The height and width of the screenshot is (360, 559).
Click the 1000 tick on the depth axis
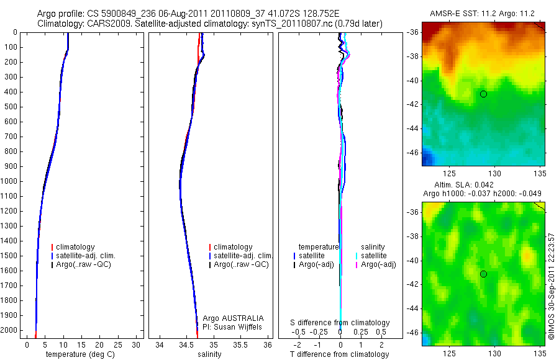(11, 181)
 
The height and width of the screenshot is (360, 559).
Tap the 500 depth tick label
(11, 107)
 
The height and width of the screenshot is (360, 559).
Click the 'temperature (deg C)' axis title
(79, 354)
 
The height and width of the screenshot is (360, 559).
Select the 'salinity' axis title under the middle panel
(208, 354)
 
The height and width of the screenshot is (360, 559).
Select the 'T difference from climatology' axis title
(339, 354)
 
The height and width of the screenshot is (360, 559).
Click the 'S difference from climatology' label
(340, 323)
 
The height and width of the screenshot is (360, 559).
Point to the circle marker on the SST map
(483, 94)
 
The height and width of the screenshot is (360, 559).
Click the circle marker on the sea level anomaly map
(483, 274)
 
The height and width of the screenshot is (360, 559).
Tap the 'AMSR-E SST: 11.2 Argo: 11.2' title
(481, 12)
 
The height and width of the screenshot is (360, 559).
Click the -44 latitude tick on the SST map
(412, 128)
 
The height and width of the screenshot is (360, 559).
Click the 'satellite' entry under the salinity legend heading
(374, 256)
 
